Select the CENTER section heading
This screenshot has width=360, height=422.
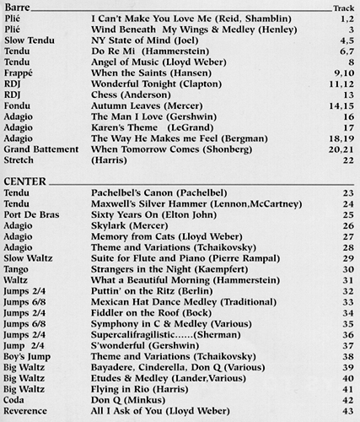tap(24, 183)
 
